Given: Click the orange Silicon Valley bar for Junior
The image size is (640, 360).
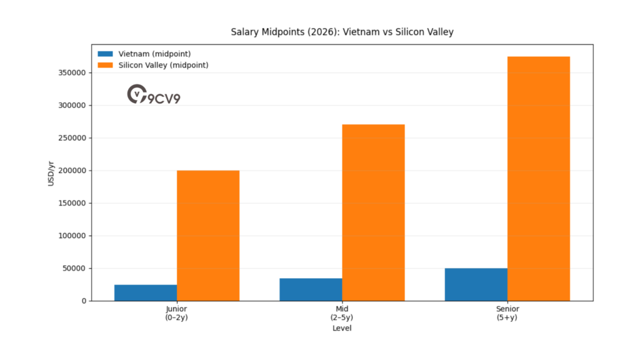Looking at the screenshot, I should (208, 236).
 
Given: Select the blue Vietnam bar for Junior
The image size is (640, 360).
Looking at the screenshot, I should (146, 293).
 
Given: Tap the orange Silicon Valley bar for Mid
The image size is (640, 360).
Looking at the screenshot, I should (373, 212).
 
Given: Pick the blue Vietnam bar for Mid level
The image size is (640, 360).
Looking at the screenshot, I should (311, 290).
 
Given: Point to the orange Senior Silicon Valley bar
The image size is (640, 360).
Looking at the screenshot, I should (538, 179).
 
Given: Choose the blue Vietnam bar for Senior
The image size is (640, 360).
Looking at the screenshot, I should (476, 285).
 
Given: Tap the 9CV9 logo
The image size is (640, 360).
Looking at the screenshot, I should (154, 96).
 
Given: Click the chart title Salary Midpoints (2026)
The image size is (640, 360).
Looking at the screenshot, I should (342, 31).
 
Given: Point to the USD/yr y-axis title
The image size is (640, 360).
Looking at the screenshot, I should (51, 172).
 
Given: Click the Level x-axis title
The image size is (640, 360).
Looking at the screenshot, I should (342, 328).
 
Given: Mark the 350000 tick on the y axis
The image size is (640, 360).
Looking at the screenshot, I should (71, 73).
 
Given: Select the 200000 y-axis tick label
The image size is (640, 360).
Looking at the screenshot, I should (71, 171).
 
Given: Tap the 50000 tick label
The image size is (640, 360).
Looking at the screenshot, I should (74, 269).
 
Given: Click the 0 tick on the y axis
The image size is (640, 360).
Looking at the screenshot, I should (84, 301).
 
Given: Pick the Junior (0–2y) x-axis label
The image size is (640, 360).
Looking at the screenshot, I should (177, 313).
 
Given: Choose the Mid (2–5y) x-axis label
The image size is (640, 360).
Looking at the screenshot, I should (342, 313).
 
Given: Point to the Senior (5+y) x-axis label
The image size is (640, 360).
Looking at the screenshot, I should (507, 313).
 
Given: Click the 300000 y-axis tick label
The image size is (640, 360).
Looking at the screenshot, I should (71, 106).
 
